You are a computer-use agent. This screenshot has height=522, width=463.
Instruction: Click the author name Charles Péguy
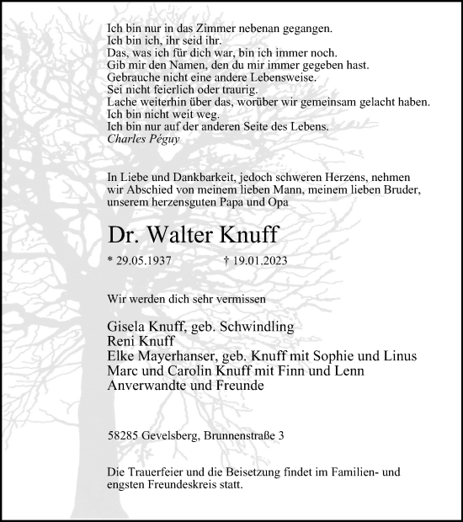click(x=143, y=139)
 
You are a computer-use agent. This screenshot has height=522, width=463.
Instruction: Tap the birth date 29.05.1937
click(x=144, y=261)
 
